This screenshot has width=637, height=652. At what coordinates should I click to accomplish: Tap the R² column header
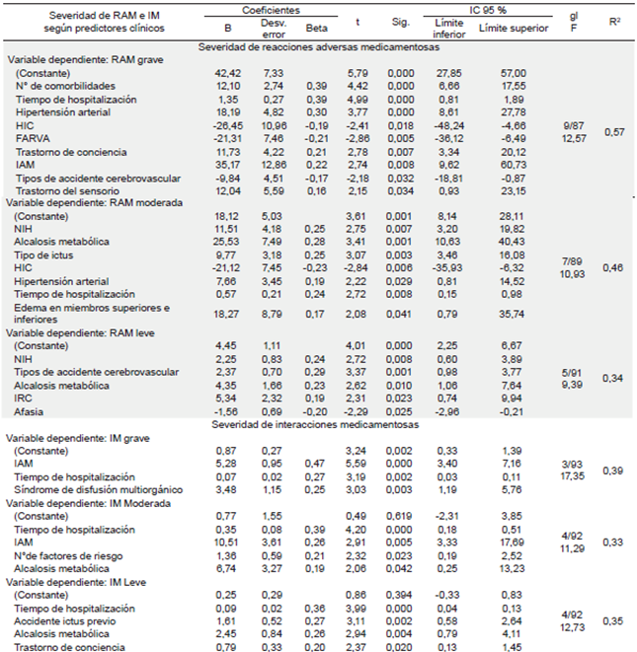click(x=613, y=19)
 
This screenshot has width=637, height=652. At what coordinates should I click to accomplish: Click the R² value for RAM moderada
click(x=613, y=268)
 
